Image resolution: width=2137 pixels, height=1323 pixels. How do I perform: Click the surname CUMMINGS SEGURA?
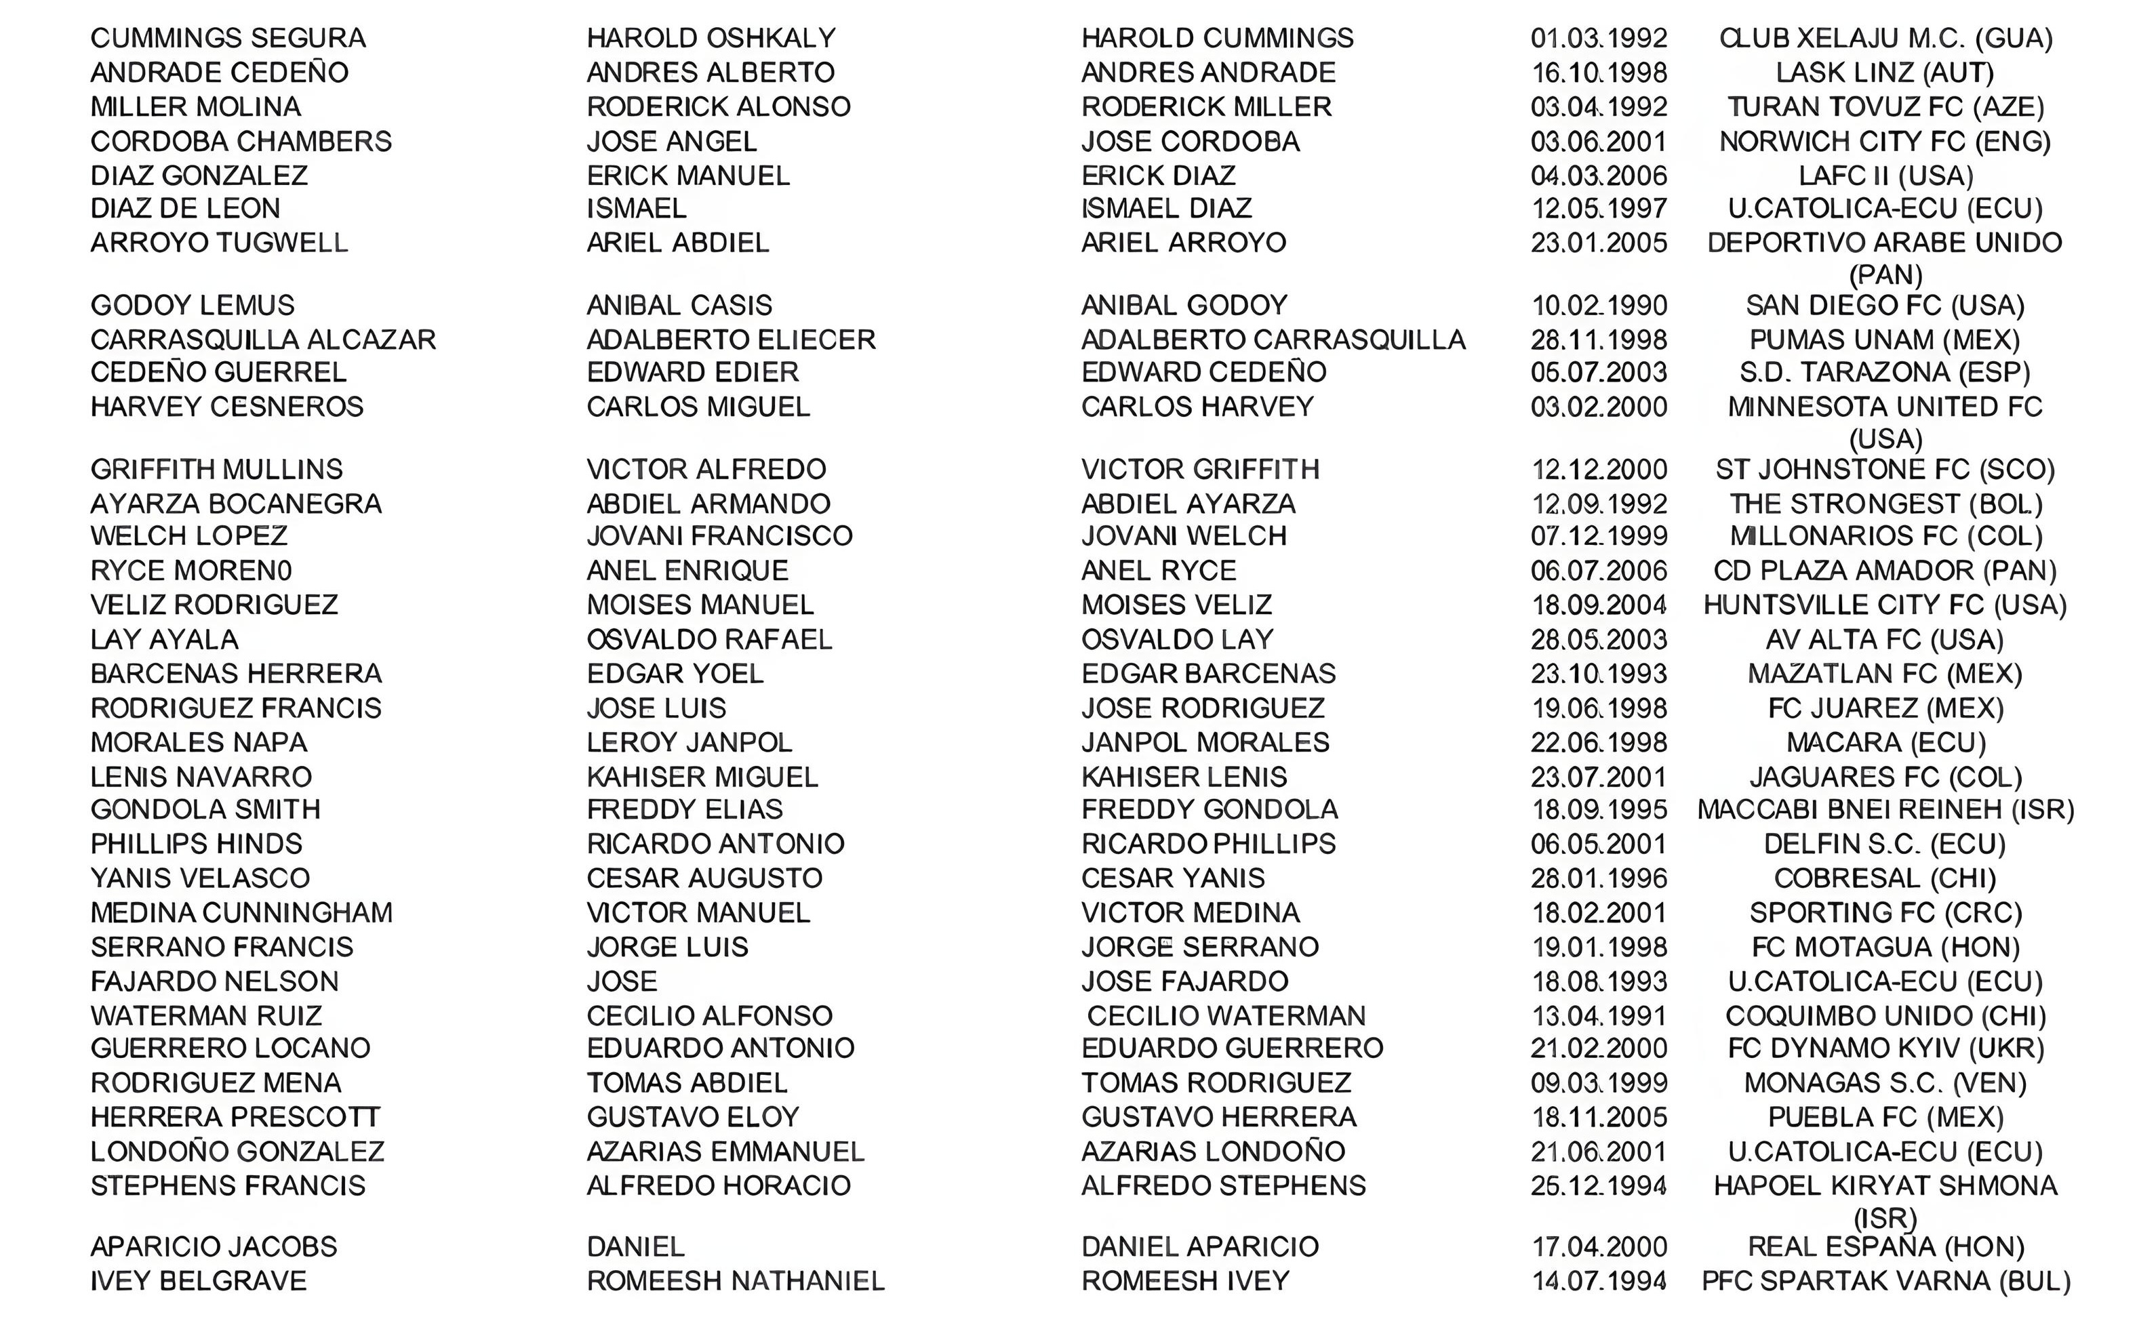228,39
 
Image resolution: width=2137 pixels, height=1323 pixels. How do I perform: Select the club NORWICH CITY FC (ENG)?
1885,142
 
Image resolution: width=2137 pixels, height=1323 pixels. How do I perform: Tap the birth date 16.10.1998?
1599,73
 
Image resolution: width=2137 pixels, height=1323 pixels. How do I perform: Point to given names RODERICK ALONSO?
717,107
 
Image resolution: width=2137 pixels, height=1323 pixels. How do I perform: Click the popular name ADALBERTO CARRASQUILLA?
1273,340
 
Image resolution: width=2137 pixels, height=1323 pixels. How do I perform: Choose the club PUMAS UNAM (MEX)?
1885,340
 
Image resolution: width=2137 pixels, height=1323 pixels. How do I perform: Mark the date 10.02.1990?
1599,306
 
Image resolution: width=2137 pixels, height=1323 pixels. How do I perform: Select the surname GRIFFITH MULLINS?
216,470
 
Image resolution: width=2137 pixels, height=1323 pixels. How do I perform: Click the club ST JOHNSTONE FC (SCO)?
1885,470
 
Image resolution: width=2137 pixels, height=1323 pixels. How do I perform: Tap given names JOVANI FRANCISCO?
719,535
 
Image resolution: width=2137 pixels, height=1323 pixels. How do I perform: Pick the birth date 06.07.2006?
1599,571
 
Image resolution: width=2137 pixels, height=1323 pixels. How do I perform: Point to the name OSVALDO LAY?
1177,640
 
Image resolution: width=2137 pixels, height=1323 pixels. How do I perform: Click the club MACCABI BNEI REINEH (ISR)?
1885,809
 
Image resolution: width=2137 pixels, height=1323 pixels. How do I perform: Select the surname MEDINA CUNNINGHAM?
241,913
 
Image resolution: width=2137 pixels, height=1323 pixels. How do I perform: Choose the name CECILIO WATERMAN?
1226,1016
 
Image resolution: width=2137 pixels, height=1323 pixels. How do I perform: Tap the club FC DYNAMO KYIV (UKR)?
1885,1049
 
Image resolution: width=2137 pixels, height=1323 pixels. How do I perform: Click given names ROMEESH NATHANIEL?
735,1281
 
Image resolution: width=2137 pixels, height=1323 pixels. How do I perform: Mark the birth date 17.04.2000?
1599,1247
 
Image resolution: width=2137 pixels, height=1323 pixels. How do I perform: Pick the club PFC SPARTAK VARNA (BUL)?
1885,1281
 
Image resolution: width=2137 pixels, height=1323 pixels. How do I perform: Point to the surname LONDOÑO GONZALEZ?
237,1152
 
